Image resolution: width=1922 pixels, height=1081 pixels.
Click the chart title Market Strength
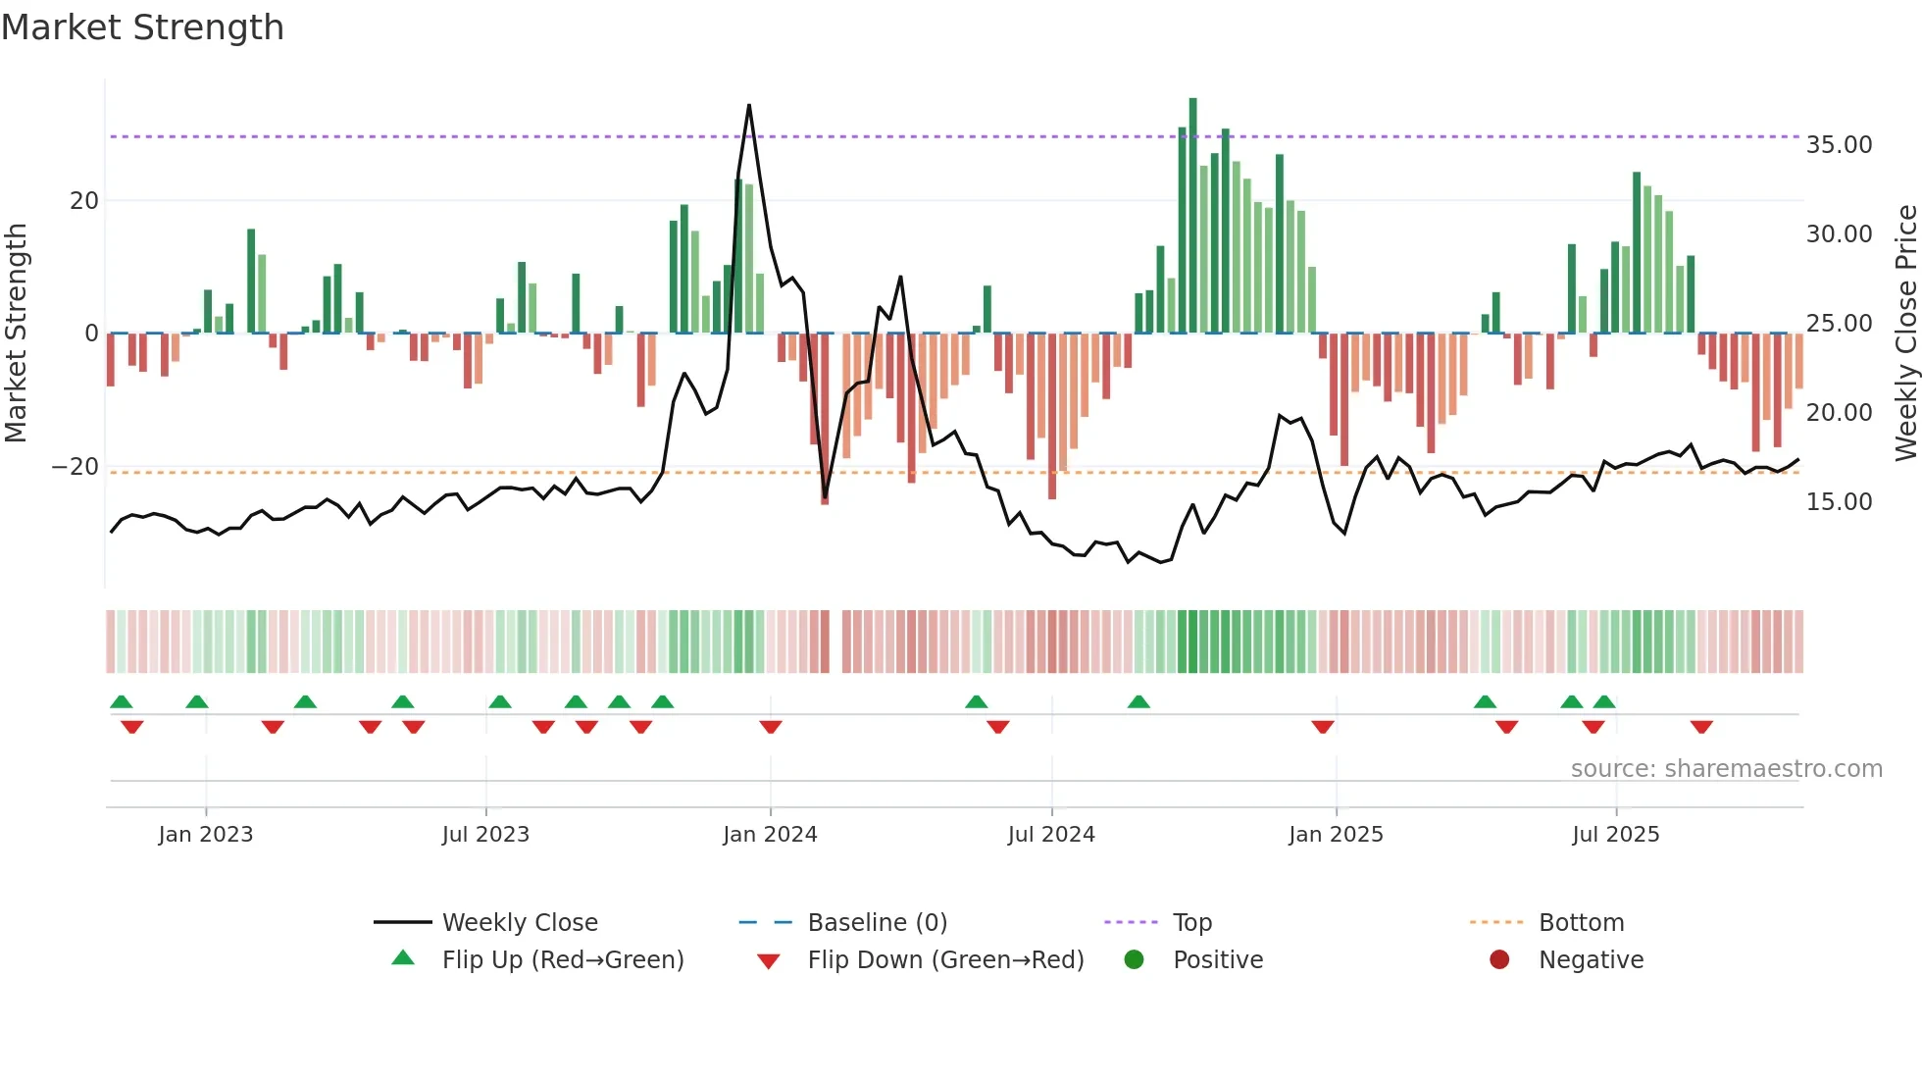pos(142,27)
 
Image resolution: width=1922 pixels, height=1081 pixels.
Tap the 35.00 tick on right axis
pos(1839,145)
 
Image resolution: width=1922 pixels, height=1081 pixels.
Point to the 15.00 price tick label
pos(1839,502)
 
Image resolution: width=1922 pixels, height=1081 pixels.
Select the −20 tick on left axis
pos(76,467)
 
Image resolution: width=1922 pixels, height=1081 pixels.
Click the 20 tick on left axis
pos(84,201)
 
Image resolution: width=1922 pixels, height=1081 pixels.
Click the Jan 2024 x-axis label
pos(770,835)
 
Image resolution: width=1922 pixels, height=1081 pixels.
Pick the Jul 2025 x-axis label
pos(1615,835)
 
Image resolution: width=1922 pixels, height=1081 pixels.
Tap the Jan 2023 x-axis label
pos(206,835)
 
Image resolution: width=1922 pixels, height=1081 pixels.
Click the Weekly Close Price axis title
pos(1905,334)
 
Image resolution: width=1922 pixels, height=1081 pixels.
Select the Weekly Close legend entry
pos(519,923)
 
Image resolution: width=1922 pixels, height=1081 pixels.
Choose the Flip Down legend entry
pos(944,960)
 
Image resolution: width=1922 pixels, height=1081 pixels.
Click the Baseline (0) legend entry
pos(877,923)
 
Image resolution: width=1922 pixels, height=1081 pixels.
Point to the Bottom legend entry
pos(1581,923)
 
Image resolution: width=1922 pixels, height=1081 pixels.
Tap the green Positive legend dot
pos(1135,960)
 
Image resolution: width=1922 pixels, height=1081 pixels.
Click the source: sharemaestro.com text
pos(1726,769)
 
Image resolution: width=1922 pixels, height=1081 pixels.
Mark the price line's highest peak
pos(749,105)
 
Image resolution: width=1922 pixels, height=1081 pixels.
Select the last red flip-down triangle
pos(1701,727)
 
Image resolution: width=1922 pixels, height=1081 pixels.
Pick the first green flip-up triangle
pos(122,701)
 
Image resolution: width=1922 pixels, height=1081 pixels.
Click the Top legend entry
pos(1191,923)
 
